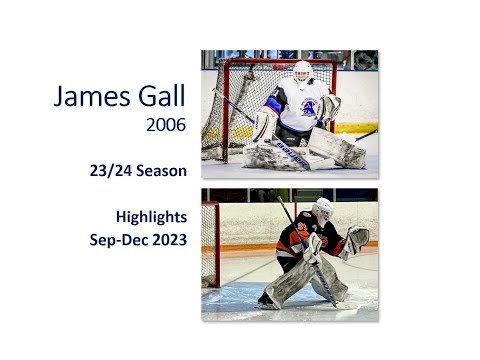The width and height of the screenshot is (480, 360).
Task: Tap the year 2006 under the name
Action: pyautogui.click(x=166, y=126)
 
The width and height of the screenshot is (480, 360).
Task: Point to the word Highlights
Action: pyautogui.click(x=151, y=215)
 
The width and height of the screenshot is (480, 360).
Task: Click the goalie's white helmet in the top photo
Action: pyautogui.click(x=302, y=73)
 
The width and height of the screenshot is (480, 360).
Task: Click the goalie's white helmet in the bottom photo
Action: pyautogui.click(x=322, y=210)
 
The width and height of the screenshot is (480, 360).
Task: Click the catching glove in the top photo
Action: pyautogui.click(x=329, y=108)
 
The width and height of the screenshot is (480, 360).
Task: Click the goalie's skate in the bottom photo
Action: pyautogui.click(x=268, y=299)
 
